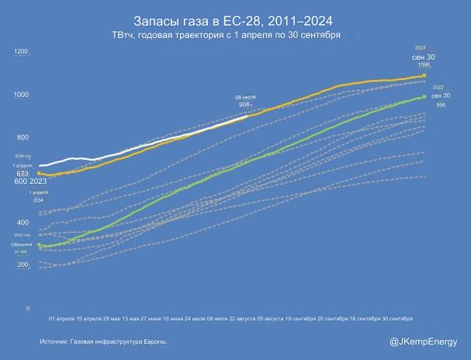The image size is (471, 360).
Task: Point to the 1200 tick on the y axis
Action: click(21, 52)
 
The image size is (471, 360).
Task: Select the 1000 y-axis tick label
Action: click(21, 95)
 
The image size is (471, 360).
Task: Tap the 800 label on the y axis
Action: click(23, 137)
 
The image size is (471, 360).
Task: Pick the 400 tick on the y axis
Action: click(23, 223)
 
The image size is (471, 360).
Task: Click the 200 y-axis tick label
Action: click(23, 265)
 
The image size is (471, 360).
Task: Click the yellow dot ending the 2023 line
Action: click(424, 75)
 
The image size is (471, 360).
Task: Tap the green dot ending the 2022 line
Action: click(424, 97)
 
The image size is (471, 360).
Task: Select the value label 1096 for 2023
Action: click(424, 65)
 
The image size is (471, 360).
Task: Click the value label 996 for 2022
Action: click(441, 105)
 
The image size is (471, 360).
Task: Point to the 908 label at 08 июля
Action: click(244, 104)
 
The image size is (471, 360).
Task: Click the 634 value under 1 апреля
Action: click(38, 200)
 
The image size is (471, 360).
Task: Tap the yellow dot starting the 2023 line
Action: click(39, 174)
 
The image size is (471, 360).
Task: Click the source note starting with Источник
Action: click(104, 341)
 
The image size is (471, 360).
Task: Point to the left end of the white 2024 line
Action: click(40, 165)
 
